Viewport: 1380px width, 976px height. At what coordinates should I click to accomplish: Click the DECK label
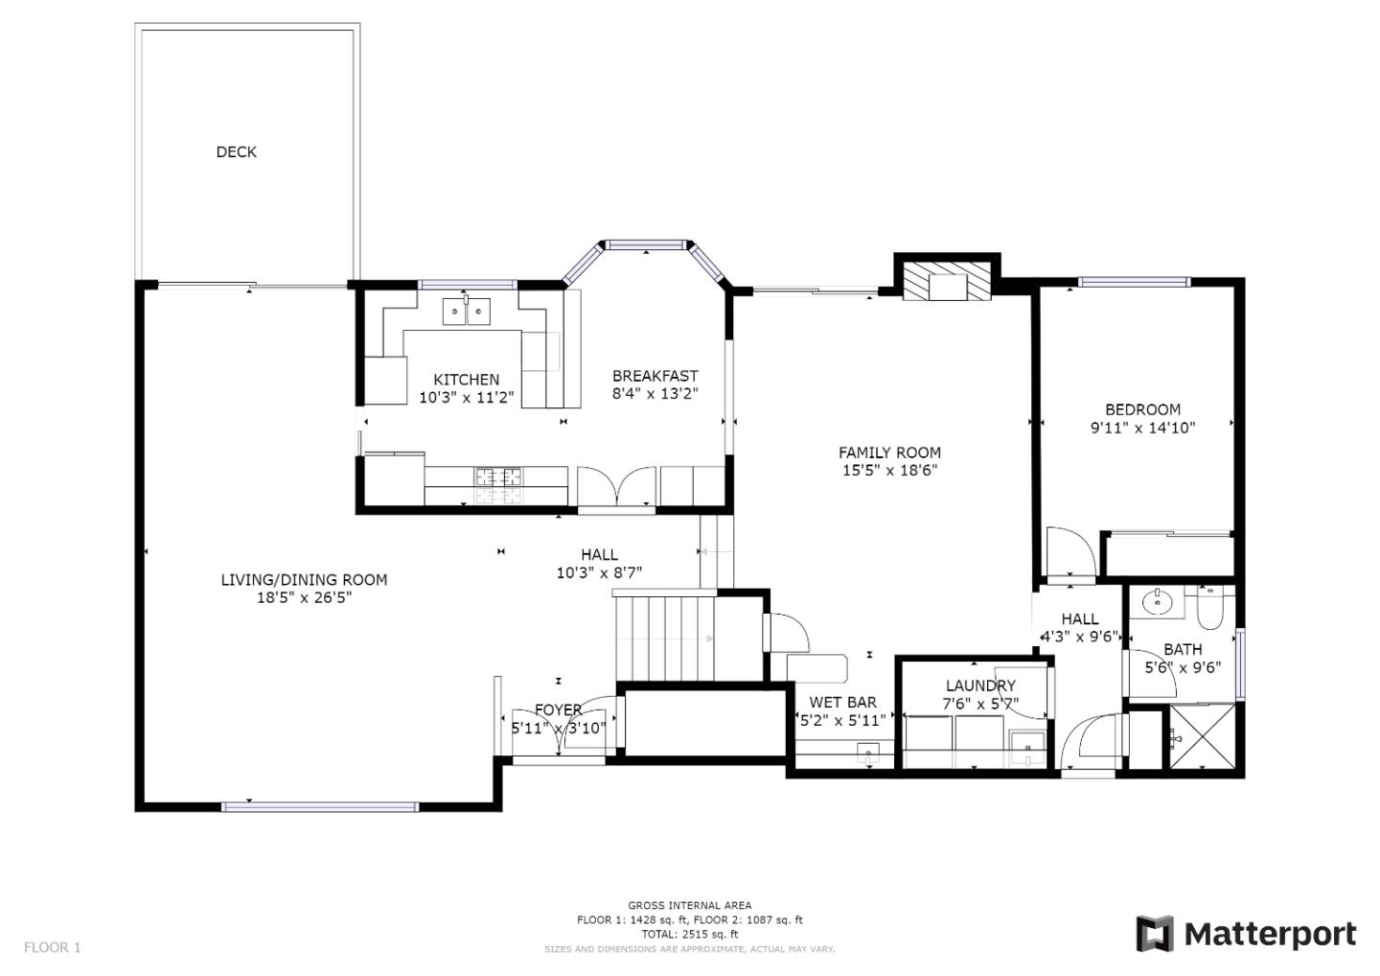tap(236, 151)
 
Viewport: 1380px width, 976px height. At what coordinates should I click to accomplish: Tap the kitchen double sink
tap(467, 312)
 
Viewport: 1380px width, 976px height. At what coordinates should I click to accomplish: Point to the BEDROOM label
tap(1142, 409)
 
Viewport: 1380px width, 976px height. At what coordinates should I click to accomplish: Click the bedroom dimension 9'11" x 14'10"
tap(1142, 428)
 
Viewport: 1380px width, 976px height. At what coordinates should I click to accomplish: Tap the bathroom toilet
tap(1209, 609)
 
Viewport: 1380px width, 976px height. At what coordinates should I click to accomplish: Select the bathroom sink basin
tap(1158, 603)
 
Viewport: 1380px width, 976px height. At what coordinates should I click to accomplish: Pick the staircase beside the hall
tap(665, 638)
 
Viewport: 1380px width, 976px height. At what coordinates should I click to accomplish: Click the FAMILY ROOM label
tap(889, 453)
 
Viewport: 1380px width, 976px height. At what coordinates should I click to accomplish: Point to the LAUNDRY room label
tap(979, 686)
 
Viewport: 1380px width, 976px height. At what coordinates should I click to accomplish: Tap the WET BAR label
tap(842, 703)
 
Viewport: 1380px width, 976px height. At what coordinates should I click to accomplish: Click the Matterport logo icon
tap(1155, 934)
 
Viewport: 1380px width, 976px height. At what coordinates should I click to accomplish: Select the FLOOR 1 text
tap(53, 947)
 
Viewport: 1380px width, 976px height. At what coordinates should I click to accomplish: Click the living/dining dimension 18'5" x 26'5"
tap(304, 597)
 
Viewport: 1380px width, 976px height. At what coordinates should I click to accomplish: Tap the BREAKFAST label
tap(655, 376)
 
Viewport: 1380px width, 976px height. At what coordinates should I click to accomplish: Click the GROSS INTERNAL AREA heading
tap(689, 905)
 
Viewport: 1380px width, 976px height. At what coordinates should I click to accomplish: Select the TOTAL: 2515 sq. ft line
tap(689, 934)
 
